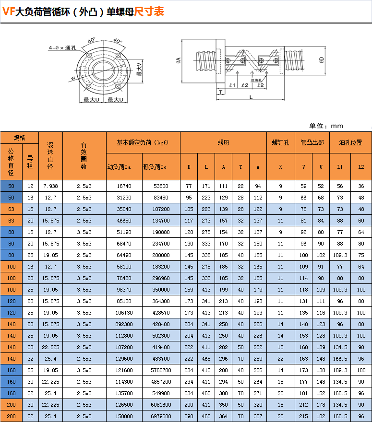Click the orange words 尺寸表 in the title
(149, 12)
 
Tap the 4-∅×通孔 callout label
(62, 48)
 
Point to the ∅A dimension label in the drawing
(179, 60)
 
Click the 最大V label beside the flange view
(139, 70)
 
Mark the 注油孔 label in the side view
(256, 80)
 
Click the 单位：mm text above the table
(326, 126)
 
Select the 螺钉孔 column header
(280, 142)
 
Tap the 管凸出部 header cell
(312, 142)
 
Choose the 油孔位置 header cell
(350, 142)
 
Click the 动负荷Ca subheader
(119, 167)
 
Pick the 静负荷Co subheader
(155, 167)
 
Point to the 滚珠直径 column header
(50, 156)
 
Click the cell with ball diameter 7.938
(50, 186)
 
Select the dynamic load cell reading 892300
(124, 324)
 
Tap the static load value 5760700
(161, 370)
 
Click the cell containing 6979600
(161, 416)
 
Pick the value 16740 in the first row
(124, 186)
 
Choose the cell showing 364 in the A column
(223, 416)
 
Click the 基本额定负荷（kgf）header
(143, 142)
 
